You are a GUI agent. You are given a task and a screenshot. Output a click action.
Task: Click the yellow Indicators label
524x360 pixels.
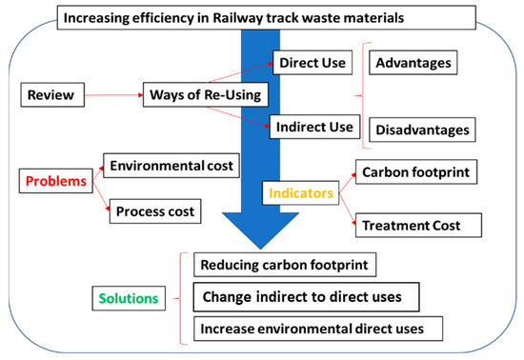point(298,192)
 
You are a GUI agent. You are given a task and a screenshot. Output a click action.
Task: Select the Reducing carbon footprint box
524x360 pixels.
point(276,264)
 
